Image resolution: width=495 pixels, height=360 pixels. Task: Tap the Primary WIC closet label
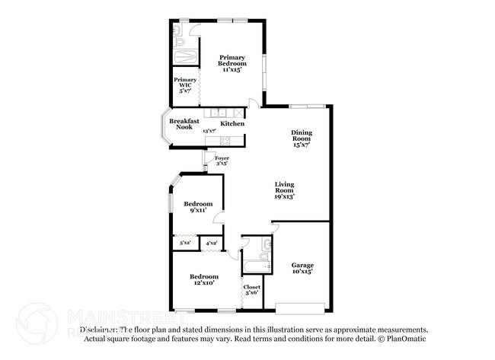click(185, 84)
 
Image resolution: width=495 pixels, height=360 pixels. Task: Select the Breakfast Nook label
click(184, 124)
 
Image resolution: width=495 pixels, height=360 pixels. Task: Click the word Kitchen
click(232, 123)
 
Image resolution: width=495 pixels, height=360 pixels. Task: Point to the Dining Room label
click(302, 137)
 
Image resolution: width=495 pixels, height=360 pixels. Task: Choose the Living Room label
click(284, 190)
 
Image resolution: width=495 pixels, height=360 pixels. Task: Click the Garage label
click(302, 268)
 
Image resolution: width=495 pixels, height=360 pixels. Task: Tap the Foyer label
click(222, 161)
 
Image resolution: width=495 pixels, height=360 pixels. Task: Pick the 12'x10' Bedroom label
click(203, 279)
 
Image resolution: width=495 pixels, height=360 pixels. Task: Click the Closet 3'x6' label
click(251, 289)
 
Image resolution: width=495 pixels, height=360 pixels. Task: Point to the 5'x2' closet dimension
click(185, 243)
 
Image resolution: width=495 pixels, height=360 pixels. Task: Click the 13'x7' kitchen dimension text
click(209, 131)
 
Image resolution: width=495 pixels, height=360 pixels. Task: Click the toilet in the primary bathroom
click(177, 31)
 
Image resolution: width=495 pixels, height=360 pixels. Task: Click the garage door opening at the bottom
click(302, 308)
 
